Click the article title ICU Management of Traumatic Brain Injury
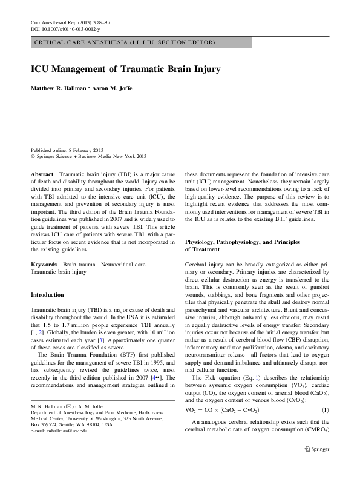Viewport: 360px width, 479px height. tap(125, 69)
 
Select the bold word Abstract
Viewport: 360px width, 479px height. tap(42, 173)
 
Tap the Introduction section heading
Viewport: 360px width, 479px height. tap(47, 294)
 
